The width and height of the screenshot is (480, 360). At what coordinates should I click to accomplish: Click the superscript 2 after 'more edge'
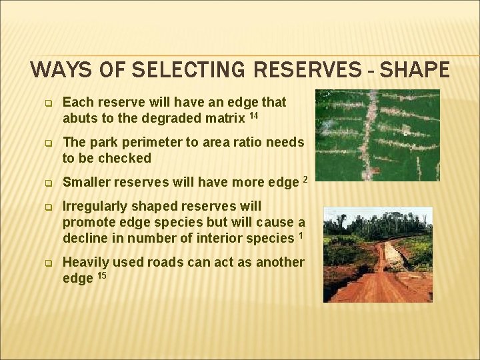[305, 179]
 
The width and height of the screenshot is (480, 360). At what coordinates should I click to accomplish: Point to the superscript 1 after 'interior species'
[301, 235]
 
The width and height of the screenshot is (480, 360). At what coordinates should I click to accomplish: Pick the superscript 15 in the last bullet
[103, 275]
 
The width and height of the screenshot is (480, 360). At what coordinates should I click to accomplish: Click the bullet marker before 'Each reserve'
[48, 103]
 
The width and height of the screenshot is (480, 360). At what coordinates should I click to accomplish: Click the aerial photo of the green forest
[377, 135]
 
